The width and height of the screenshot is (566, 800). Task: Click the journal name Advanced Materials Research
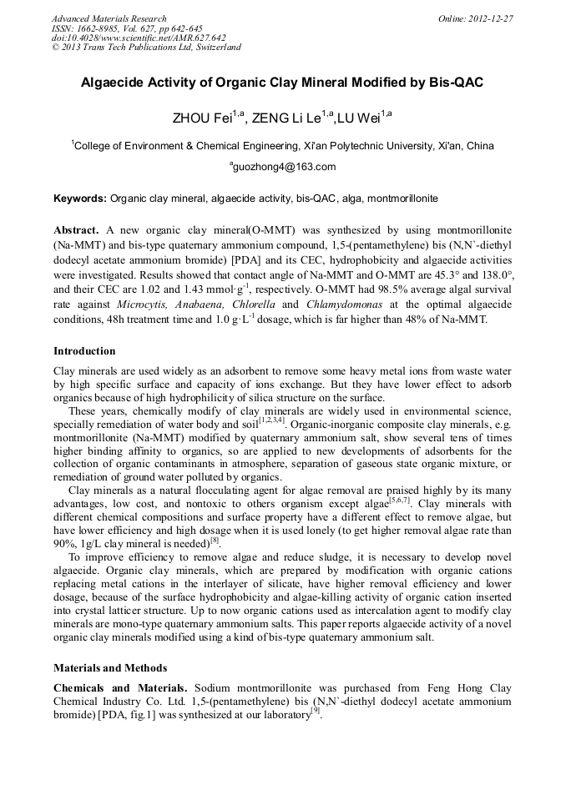[x=109, y=18]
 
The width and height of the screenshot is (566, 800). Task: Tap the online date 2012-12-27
[x=489, y=18]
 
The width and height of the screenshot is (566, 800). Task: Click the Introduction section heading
[x=84, y=351]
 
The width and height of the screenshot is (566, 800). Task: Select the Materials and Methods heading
[x=110, y=668]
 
